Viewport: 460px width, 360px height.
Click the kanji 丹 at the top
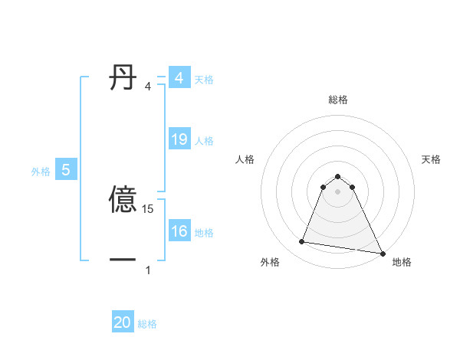tap(123, 78)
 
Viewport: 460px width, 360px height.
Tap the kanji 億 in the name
tap(123, 201)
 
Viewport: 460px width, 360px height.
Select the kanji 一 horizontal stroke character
tap(123, 260)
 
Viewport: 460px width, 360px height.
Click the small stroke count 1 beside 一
tap(148, 270)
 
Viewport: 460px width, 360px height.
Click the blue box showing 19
tap(179, 139)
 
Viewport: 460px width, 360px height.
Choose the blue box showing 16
tap(179, 231)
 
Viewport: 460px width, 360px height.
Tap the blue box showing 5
tap(66, 170)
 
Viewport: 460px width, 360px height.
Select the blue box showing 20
tap(123, 322)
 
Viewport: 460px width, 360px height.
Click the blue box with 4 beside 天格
tap(179, 78)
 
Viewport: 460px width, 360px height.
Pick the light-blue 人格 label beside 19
tap(204, 141)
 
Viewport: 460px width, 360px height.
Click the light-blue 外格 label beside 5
tap(41, 172)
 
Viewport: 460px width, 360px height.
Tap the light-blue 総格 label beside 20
tap(147, 324)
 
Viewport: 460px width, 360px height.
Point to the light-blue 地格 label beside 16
tap(204, 233)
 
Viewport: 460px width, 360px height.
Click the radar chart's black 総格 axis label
tap(338, 100)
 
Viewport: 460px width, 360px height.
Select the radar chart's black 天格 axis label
tap(431, 159)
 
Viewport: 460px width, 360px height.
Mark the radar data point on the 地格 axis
tap(381, 252)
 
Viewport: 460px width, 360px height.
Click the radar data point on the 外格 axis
tap(302, 242)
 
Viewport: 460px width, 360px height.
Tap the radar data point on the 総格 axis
tap(338, 173)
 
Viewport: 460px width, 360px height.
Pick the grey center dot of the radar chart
tap(338, 191)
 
